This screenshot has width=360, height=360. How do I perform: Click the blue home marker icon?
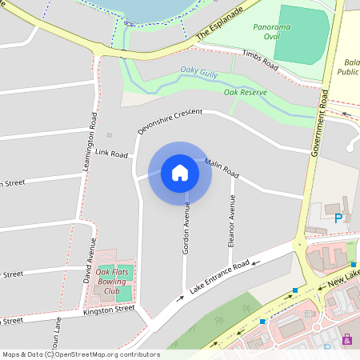(180, 173)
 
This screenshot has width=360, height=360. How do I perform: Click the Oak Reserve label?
(244, 93)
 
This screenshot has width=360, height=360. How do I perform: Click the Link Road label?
(112, 152)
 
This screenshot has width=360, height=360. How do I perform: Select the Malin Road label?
(222, 168)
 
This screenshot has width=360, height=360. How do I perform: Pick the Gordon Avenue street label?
(186, 228)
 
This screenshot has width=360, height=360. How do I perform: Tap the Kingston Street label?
(109, 310)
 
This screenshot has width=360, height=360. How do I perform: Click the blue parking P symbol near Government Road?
(338, 218)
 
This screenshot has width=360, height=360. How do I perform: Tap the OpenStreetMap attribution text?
(82, 354)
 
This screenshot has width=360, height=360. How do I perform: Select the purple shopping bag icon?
(346, 339)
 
